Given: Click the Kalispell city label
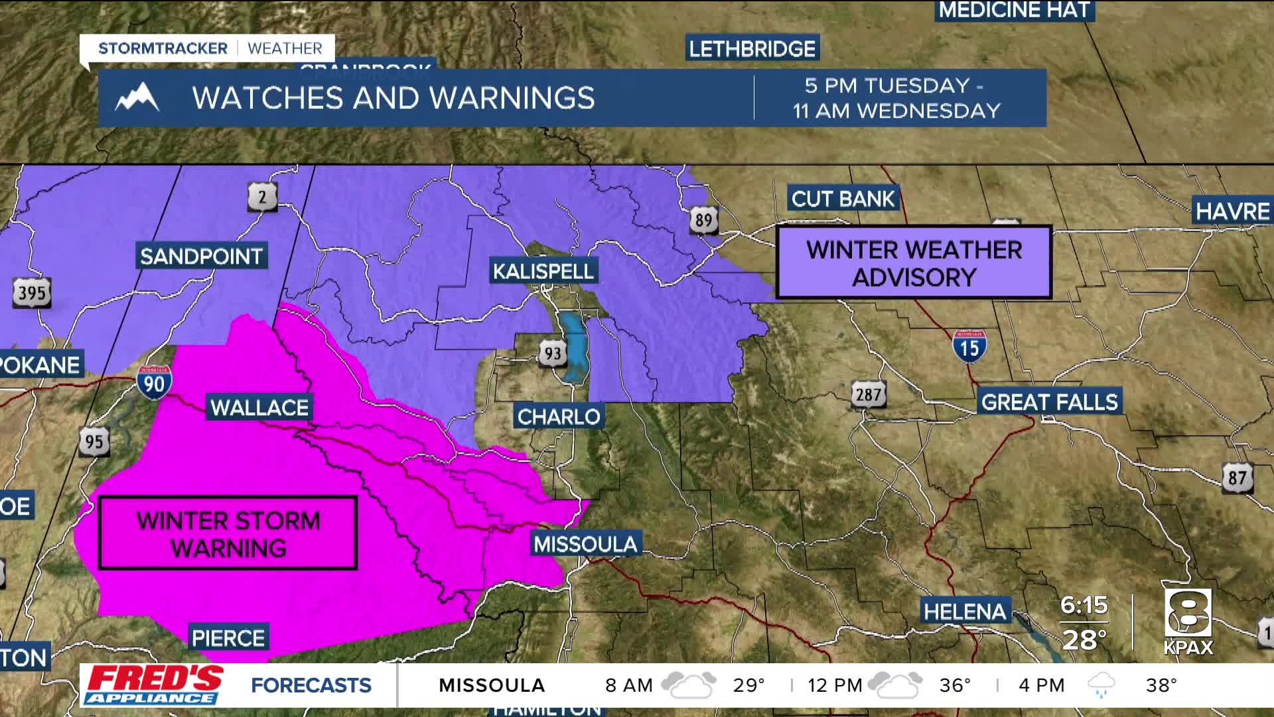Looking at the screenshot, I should pos(543,271).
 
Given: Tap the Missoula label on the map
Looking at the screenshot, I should pos(585,544).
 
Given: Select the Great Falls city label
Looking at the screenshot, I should pos(1049,402).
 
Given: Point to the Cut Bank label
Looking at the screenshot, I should pos(843,199).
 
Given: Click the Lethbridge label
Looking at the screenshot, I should pos(752,48).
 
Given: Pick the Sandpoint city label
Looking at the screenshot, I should pos(201,256).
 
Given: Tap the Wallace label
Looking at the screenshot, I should pos(259,407).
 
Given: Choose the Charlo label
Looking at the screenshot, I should pos(558,416).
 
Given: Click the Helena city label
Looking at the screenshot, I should pos(965,611).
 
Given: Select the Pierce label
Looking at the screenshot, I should pos(228,638).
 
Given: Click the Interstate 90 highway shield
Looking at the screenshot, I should pos(155,382).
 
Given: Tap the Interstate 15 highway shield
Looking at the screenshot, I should pos(969,346).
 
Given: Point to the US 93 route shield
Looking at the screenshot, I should pos(552,354).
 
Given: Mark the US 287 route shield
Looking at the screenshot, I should pos(868,395).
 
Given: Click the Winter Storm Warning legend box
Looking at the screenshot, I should pos(228,533).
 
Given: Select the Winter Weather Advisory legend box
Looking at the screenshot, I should pos(914,263).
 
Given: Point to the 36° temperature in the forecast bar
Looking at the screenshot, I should pos(955,685).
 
